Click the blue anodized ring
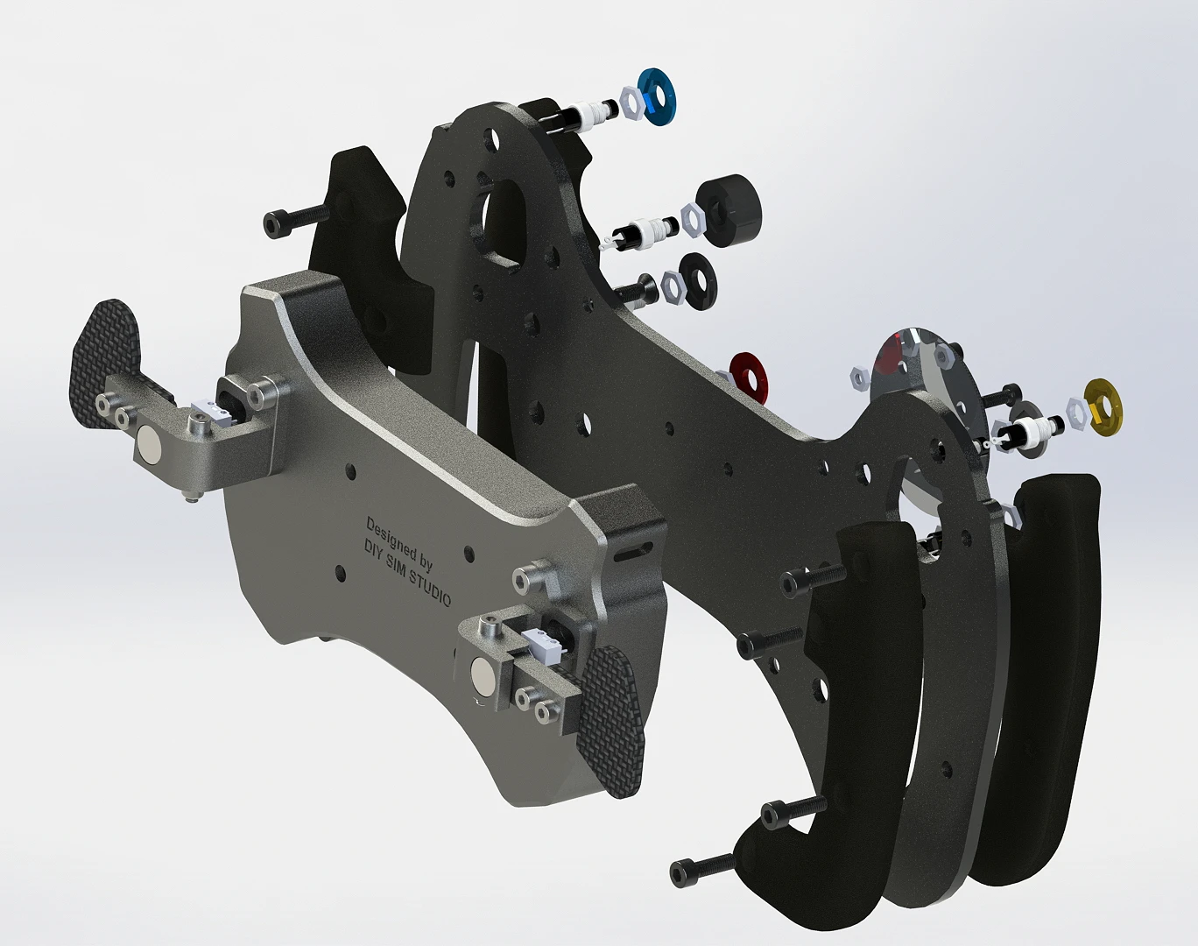coord(656,103)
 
